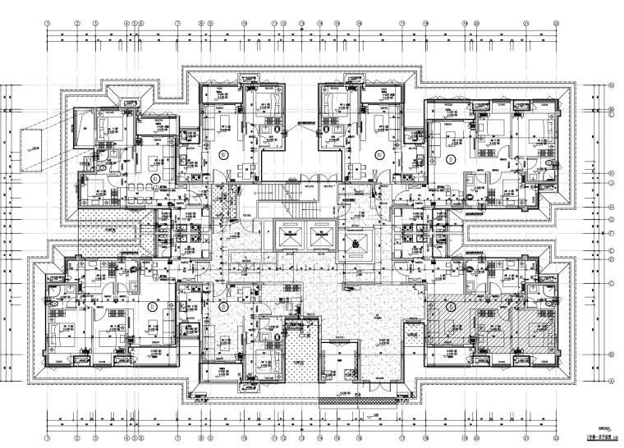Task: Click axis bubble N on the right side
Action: pos(612,85)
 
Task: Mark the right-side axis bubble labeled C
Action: pos(612,326)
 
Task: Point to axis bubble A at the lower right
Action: pos(612,381)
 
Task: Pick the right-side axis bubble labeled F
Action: pos(612,234)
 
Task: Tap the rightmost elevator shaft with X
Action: pos(359,243)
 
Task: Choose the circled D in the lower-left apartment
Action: pos(153,306)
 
